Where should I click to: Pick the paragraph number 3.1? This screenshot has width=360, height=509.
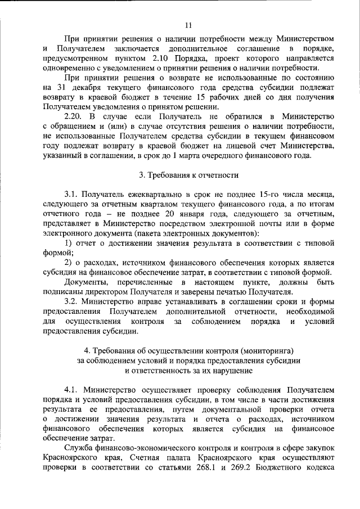coord(71,195)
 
